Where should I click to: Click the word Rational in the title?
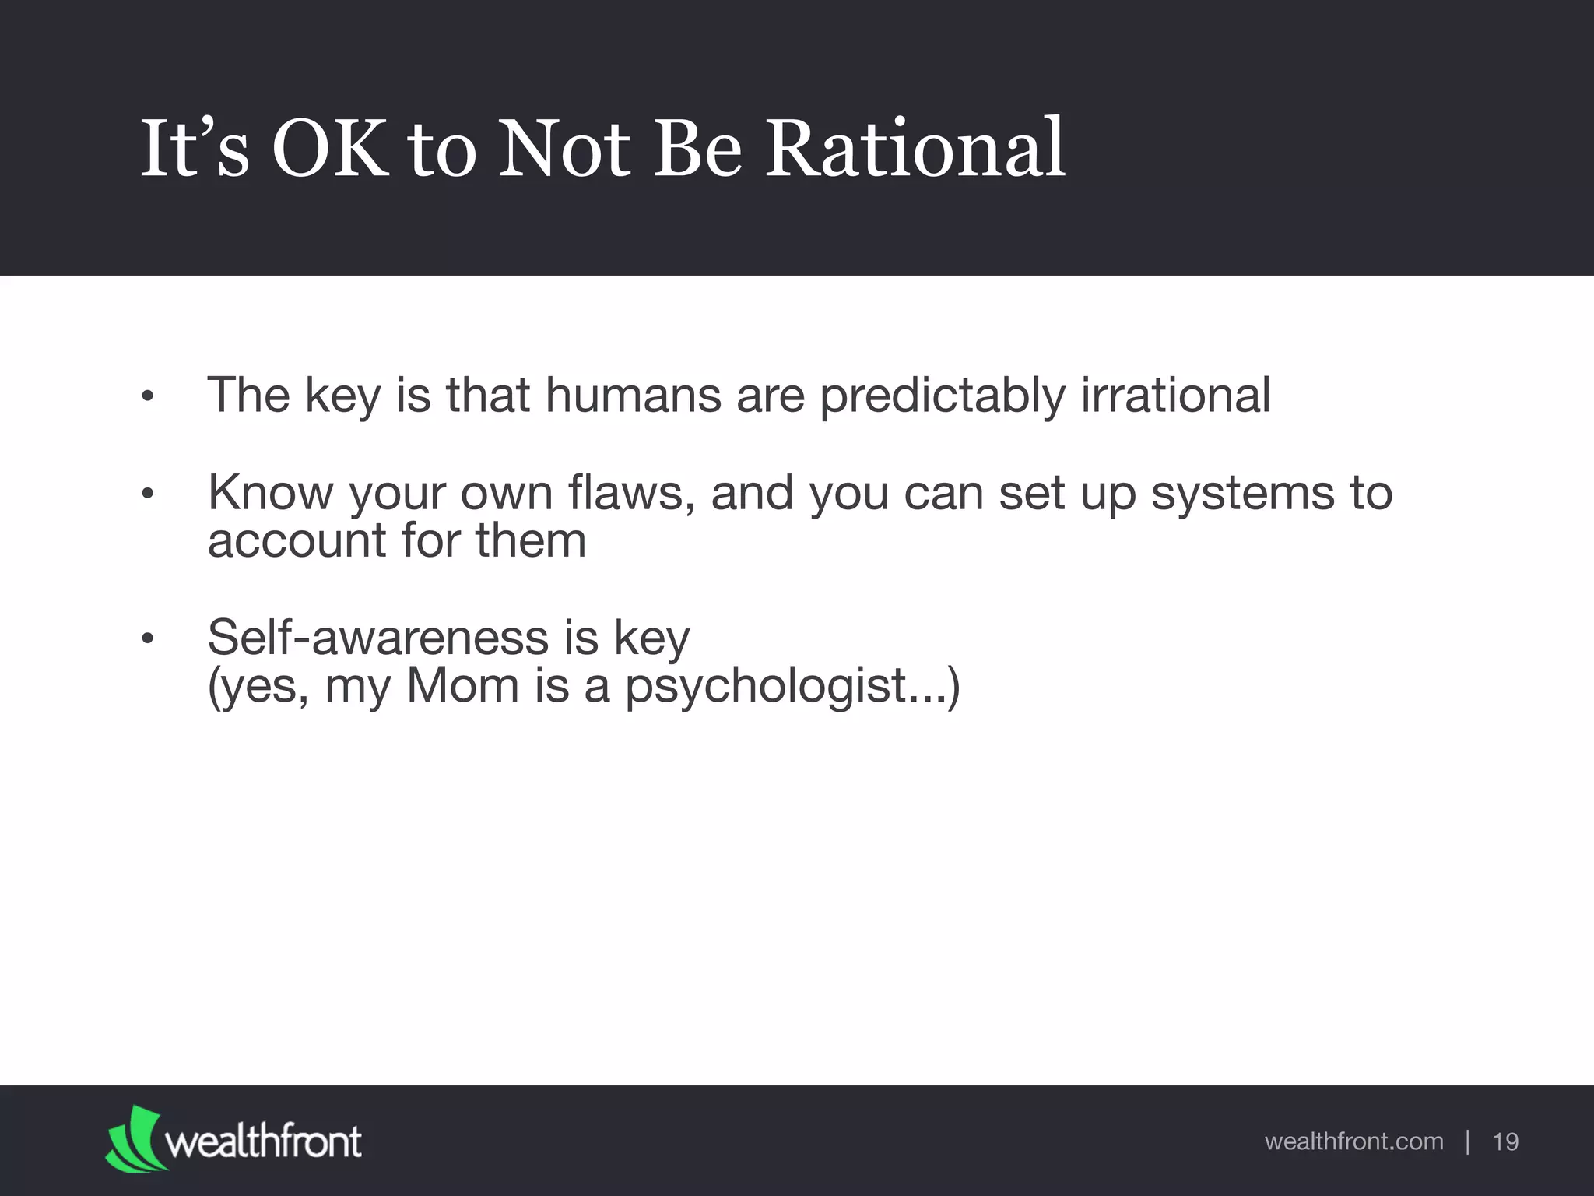point(915,148)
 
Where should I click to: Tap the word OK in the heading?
point(329,148)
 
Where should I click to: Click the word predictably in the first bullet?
point(942,396)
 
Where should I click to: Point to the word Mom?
point(462,686)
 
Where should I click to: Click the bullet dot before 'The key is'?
point(148,398)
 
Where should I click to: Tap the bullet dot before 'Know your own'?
point(148,494)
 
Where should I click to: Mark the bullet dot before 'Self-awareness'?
point(148,640)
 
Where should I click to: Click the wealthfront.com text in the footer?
point(1353,1141)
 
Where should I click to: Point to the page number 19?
point(1505,1141)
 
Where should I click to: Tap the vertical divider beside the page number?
point(1467,1141)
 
